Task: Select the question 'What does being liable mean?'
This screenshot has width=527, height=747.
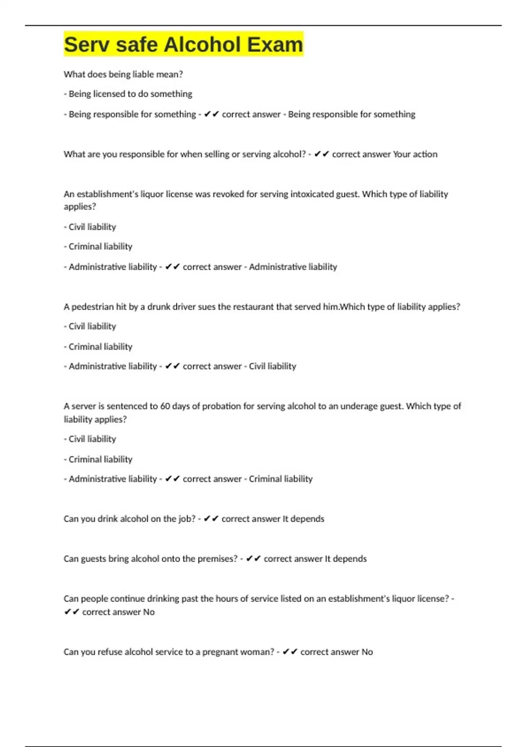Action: tap(123, 74)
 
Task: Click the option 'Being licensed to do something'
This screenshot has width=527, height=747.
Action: tap(130, 94)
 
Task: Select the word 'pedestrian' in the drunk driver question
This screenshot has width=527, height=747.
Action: tap(92, 307)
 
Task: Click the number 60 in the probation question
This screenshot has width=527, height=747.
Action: tap(165, 406)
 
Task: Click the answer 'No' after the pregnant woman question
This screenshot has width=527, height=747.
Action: tap(367, 652)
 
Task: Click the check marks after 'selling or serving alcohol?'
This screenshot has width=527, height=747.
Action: tap(322, 154)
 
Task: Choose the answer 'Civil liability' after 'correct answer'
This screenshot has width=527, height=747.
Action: tap(272, 366)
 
